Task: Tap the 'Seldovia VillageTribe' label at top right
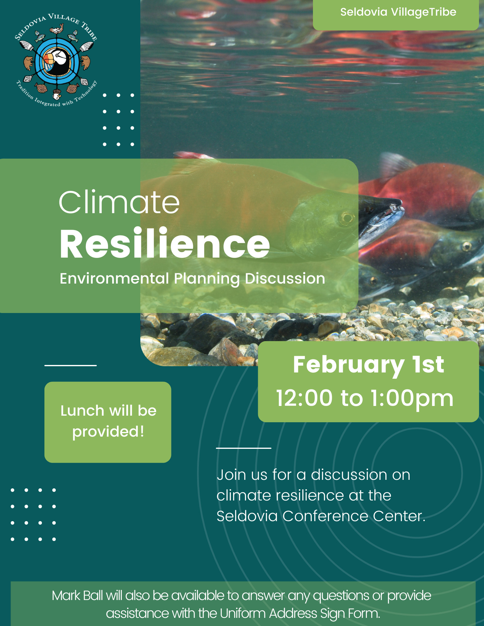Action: [398, 12]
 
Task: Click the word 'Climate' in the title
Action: [119, 202]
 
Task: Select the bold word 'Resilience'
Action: [164, 244]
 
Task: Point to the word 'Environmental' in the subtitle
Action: [114, 278]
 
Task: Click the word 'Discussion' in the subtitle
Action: [285, 278]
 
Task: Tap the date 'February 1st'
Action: [368, 365]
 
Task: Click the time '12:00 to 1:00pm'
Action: [365, 398]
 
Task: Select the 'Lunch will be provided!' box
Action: [108, 422]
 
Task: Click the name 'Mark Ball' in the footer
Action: [77, 596]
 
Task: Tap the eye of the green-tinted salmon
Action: [347, 217]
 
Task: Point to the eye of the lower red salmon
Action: [466, 246]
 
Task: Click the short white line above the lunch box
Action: [70, 365]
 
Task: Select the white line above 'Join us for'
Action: [243, 448]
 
